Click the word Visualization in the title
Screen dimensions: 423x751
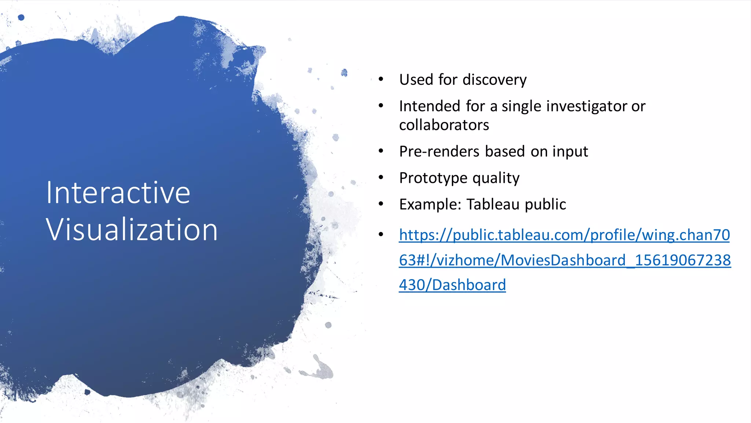132,230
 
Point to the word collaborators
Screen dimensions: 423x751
444,125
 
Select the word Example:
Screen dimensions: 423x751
430,204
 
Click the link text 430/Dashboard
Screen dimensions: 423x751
452,285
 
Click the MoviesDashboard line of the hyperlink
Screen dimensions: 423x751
565,260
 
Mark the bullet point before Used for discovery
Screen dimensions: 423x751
381,79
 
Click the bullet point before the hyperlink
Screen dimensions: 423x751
381,234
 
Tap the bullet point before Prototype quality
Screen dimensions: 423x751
381,177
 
